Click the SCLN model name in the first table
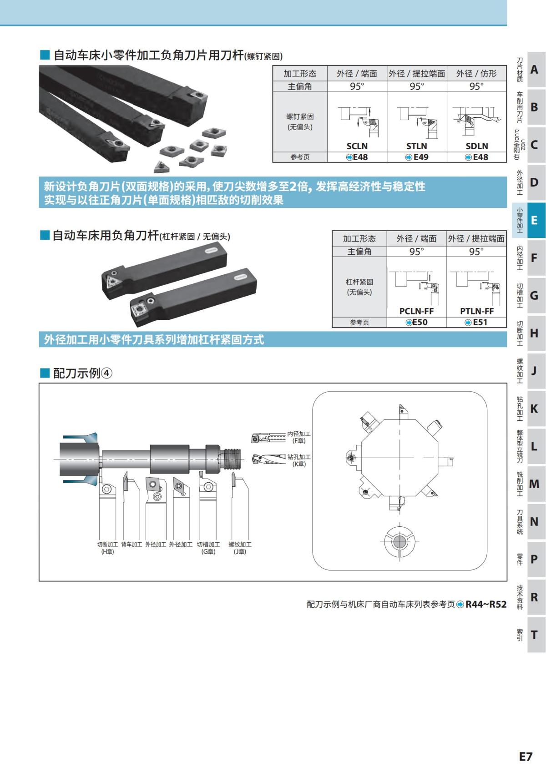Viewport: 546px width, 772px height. pyautogui.click(x=357, y=146)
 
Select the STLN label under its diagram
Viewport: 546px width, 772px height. pyautogui.click(x=417, y=146)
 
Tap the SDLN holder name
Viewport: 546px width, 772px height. pyautogui.click(x=477, y=146)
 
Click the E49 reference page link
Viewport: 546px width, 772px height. pyautogui.click(x=417, y=157)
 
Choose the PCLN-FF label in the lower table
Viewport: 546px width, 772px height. pyautogui.click(x=416, y=311)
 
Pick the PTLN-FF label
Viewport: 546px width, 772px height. pyautogui.click(x=477, y=311)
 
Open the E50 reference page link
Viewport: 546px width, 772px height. pyautogui.click(x=417, y=322)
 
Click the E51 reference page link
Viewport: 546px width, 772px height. pyautogui.click(x=476, y=322)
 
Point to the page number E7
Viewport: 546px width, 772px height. pyautogui.click(x=526, y=757)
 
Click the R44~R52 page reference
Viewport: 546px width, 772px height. pyautogui.click(x=485, y=604)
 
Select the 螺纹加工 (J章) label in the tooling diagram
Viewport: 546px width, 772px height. pyautogui.click(x=240, y=548)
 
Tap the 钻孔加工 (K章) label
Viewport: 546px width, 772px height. pyautogui.click(x=299, y=460)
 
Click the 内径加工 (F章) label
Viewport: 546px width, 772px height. pyautogui.click(x=299, y=437)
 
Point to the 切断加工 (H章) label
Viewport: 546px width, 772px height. pyautogui.click(x=107, y=548)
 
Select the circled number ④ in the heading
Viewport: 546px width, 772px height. pyautogui.click(x=106, y=373)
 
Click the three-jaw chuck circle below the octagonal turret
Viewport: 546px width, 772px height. pyautogui.click(x=399, y=541)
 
